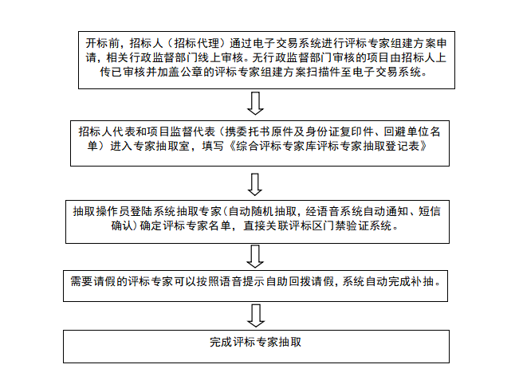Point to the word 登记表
(415, 147)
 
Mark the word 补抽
(430, 280)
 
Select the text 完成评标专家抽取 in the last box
(256, 342)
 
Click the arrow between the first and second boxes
(255, 103)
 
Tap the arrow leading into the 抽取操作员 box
(255, 184)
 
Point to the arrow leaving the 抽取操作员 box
(255, 256)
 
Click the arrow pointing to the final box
(255, 315)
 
